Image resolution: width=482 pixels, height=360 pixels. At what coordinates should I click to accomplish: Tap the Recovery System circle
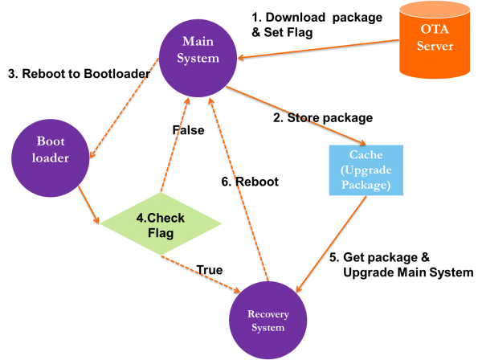[x=268, y=319]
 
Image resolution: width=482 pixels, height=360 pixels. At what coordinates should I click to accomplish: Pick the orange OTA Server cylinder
[x=435, y=40]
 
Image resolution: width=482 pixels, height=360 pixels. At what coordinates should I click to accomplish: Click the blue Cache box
[x=366, y=170]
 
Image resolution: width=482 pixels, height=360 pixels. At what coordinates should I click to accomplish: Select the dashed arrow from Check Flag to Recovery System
[x=202, y=272]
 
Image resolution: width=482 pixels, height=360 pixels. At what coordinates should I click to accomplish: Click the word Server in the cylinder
[x=435, y=47]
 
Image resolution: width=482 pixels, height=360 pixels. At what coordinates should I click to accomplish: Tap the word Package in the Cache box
[x=366, y=185]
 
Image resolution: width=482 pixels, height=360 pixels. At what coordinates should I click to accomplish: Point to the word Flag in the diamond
[x=161, y=234]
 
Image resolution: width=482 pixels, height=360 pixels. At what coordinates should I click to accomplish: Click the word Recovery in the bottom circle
[x=268, y=313]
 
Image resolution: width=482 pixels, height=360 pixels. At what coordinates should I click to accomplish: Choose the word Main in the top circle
[x=198, y=41]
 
